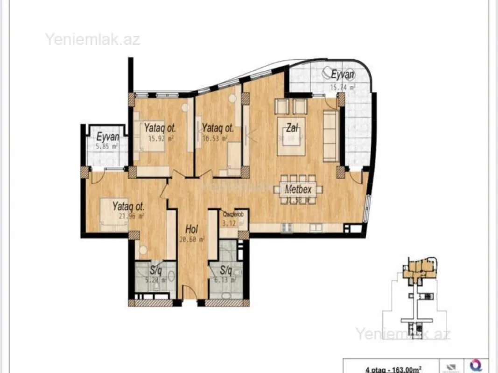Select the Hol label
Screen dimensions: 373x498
[x=191, y=229]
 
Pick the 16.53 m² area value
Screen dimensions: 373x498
[x=214, y=138]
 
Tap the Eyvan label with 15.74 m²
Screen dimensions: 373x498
[x=343, y=75]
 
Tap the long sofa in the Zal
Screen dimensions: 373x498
[x=331, y=137]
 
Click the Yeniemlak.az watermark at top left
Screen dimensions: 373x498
[x=92, y=39]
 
